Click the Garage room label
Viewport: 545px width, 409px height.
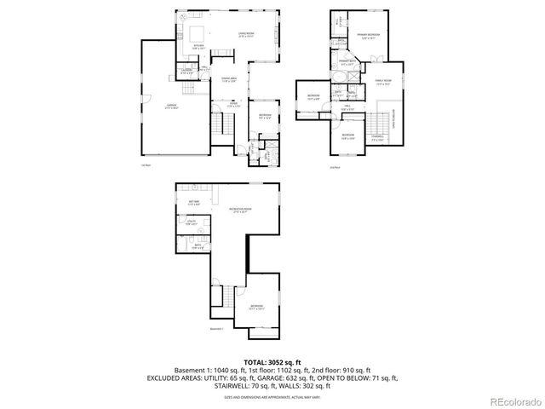[170, 106]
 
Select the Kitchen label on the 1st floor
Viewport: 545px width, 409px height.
[198, 47]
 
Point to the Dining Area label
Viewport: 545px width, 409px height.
[228, 80]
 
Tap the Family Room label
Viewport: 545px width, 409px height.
[382, 83]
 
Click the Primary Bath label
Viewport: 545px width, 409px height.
[347, 62]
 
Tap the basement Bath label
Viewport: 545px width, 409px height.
[198, 247]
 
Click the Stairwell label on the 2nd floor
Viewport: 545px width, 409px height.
[377, 137]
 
